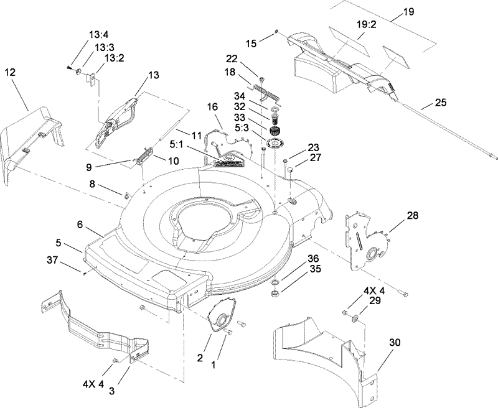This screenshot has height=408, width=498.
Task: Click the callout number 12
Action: pyautogui.click(x=10, y=73)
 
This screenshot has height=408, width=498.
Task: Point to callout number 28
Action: pyautogui.click(x=396, y=216)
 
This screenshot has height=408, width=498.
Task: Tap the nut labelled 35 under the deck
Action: pyautogui.click(x=275, y=292)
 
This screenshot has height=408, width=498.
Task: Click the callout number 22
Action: pyautogui.click(x=232, y=58)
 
